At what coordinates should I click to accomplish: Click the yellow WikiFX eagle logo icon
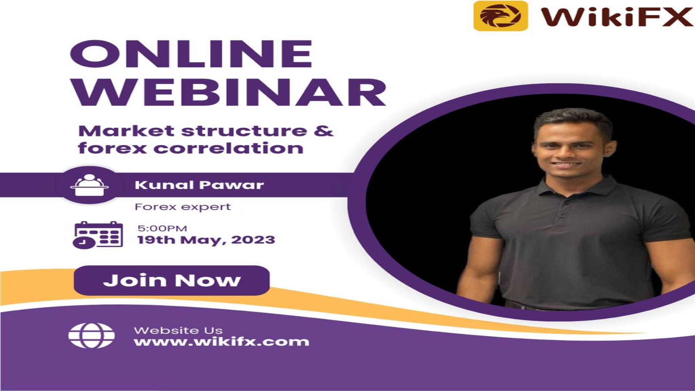[x=501, y=16]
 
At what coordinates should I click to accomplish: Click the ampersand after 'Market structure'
[x=324, y=131]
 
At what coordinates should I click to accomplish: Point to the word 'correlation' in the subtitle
[x=228, y=148]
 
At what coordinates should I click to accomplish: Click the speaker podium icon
[x=89, y=185]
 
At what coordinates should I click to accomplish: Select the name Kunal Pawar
[x=199, y=185]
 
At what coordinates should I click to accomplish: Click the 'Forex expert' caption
[x=183, y=207]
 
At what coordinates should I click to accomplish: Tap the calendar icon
[x=98, y=235]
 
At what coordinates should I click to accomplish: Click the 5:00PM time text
[x=162, y=228]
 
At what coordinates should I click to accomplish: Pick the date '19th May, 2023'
[x=206, y=240]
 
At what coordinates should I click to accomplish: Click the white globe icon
[x=92, y=336]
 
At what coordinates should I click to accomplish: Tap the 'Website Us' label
[x=178, y=330]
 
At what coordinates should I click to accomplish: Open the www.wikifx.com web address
[x=222, y=342]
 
